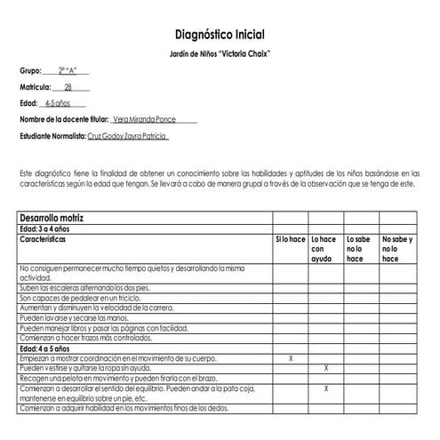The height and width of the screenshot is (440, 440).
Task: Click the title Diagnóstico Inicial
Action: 219,35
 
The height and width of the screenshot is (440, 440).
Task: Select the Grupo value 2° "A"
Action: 68,70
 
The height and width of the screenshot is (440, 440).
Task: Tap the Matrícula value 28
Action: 68,87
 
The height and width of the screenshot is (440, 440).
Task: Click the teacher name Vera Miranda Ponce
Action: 150,119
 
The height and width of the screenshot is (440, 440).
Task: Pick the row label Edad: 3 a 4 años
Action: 50,228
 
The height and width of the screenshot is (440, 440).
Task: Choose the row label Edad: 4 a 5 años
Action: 50,348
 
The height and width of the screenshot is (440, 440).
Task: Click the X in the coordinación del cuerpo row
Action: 291,358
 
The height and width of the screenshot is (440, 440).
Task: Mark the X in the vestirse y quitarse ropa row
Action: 325,368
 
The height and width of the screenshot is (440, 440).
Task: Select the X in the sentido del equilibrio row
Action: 325,388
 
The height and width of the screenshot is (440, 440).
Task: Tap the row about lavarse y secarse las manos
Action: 75,318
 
